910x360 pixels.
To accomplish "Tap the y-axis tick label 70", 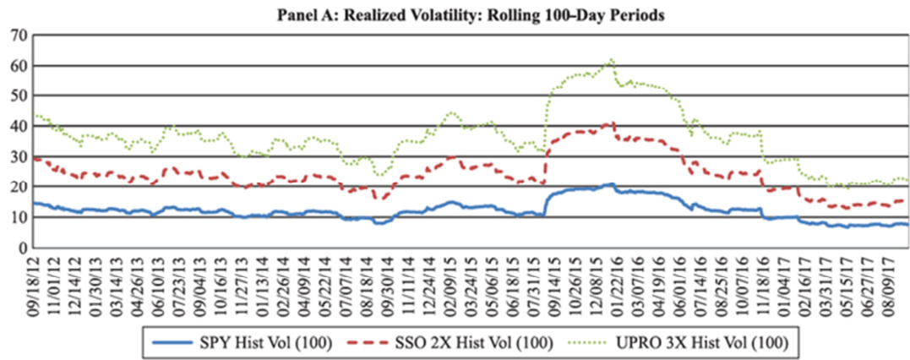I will tap(19, 35).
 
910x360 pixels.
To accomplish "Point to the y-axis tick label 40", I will tap(19, 126).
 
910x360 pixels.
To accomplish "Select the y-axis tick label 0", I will tap(24, 248).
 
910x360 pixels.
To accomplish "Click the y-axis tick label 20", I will tap(19, 187).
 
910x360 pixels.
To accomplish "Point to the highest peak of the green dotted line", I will tap(610, 60).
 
